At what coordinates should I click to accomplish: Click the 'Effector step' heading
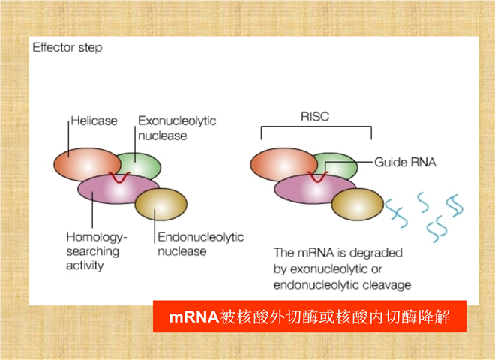click(x=67, y=48)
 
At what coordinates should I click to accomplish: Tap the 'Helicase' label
click(x=94, y=121)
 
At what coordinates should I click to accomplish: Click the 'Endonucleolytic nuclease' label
click(x=200, y=244)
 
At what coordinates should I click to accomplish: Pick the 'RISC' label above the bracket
click(x=316, y=117)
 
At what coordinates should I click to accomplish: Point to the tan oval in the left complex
click(x=160, y=205)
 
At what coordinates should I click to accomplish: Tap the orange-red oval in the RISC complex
click(x=275, y=163)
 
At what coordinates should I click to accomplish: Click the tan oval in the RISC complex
click(x=358, y=202)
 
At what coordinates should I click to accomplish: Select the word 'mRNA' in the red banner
click(x=193, y=316)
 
